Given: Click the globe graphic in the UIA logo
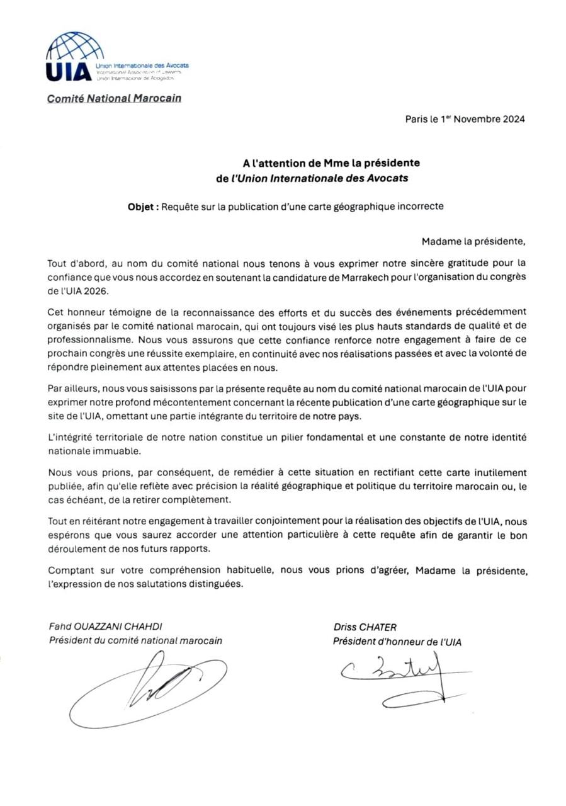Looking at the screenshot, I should coord(76,45).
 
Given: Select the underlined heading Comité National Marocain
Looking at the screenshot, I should coord(114,98).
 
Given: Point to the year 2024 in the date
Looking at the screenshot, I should coord(514,119).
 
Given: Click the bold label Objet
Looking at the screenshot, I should coord(143,206).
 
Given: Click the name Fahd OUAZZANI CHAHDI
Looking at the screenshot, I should coord(105,627).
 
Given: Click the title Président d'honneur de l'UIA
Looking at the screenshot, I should coord(397,642).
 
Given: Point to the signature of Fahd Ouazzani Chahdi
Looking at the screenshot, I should coord(151,686).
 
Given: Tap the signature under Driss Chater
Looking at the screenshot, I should coord(403,677).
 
